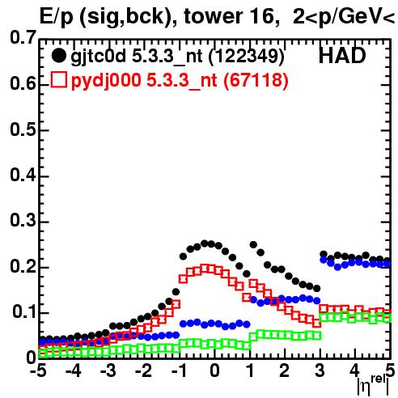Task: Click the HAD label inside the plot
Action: (x=342, y=56)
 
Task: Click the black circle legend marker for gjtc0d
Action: (x=58, y=56)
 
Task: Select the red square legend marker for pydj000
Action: (x=59, y=79)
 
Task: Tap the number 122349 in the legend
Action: (x=246, y=56)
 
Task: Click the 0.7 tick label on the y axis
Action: (x=23, y=37)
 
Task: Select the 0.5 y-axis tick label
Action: (x=23, y=129)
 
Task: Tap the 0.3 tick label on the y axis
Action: (x=23, y=221)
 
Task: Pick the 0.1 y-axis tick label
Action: (x=24, y=312)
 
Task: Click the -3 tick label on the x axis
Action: (x=108, y=371)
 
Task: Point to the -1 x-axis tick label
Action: (x=179, y=371)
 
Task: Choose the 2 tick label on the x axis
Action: (x=284, y=371)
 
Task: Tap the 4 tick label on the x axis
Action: (x=354, y=371)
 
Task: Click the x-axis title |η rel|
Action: (x=373, y=384)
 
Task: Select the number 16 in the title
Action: (x=263, y=16)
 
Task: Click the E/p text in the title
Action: (x=57, y=18)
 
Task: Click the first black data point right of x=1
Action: (x=253, y=245)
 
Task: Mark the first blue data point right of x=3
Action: (x=324, y=260)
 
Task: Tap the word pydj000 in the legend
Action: (x=106, y=80)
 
